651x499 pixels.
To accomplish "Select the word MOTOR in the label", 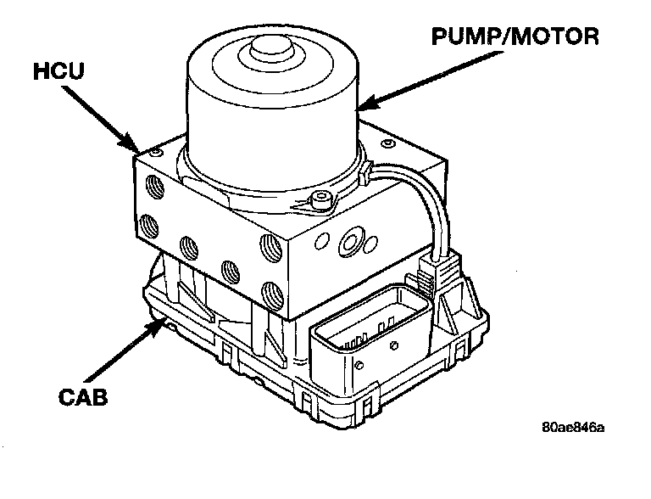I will tap(555, 36).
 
